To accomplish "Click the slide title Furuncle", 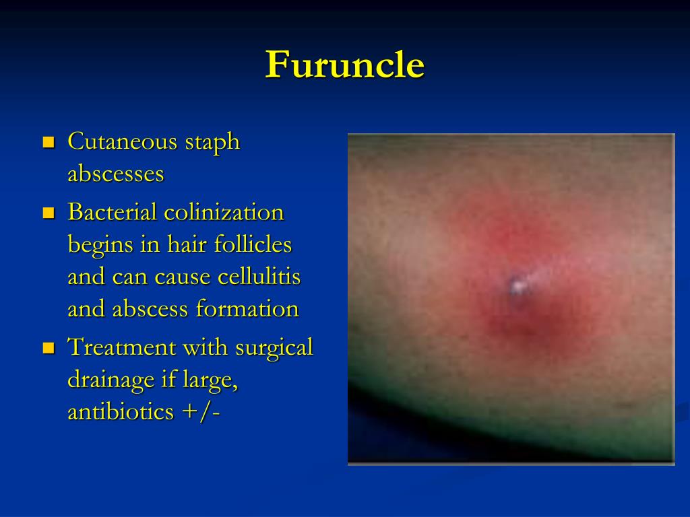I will pyautogui.click(x=345, y=65).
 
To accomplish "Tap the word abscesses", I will pyautogui.click(x=116, y=174).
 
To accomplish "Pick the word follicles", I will pyautogui.click(x=253, y=244).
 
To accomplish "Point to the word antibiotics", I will pyautogui.click(x=121, y=412).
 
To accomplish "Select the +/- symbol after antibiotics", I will pyautogui.click(x=201, y=412).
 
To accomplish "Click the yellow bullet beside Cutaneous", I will pyautogui.click(x=48, y=143).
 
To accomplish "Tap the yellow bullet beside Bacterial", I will pyautogui.click(x=48, y=213).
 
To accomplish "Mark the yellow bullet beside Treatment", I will pyautogui.click(x=48, y=349).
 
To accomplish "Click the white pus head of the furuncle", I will pyautogui.click(x=518, y=287).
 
